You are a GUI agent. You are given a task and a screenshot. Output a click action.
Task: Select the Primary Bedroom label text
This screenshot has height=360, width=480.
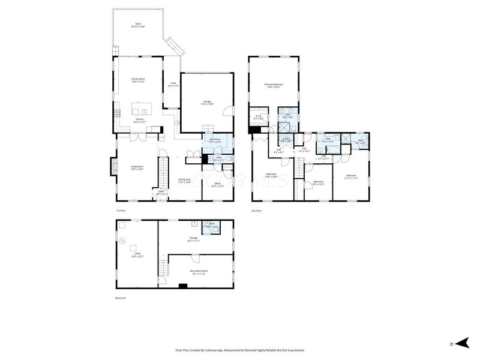click(x=273, y=86)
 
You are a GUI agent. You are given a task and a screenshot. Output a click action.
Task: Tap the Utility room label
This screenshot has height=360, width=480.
click(x=137, y=254)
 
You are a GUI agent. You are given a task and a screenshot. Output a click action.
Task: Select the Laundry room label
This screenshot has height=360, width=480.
click(x=286, y=140)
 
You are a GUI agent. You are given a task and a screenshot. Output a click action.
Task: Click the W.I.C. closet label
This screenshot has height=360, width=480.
click(x=259, y=117)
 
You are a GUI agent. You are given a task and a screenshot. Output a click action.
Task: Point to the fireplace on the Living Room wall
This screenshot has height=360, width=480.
click(x=113, y=166)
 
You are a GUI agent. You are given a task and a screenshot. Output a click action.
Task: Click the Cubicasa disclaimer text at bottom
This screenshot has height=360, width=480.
click(x=239, y=350)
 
